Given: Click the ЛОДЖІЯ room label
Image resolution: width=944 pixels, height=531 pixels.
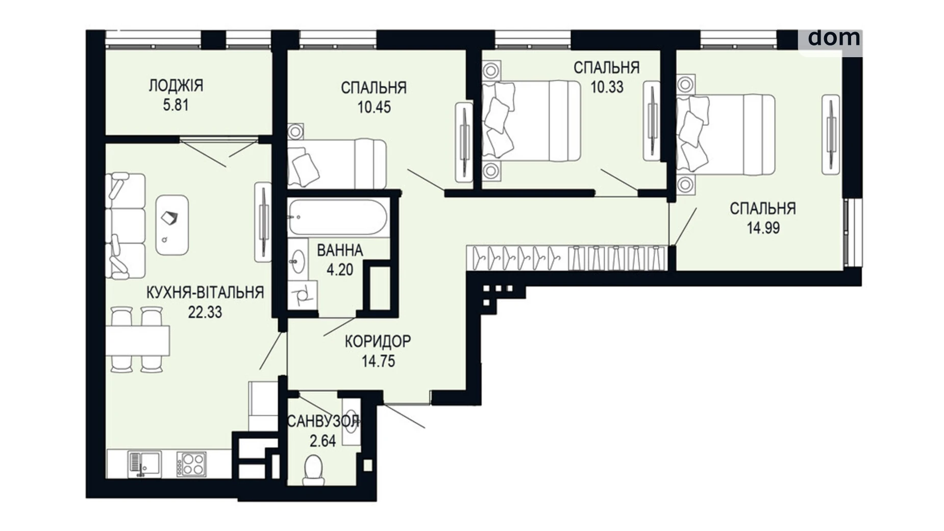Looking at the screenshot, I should pyautogui.click(x=176, y=85).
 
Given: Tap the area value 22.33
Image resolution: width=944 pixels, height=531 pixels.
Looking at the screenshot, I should pyautogui.click(x=205, y=312).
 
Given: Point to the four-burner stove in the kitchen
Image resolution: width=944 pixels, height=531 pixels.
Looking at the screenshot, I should pyautogui.click(x=192, y=464).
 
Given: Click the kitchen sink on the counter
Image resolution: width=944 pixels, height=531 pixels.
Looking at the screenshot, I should pyautogui.click(x=144, y=464).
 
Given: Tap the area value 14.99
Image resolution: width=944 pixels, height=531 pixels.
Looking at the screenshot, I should pyautogui.click(x=763, y=228).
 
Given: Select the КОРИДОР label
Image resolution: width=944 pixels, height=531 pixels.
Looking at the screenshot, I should pyautogui.click(x=378, y=341).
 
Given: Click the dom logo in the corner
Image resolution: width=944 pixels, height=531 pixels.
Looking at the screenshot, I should pyautogui.click(x=833, y=38).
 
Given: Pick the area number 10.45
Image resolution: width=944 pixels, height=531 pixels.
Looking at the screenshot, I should pyautogui.click(x=374, y=107).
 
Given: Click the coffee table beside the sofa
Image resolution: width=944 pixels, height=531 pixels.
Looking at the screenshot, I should pyautogui.click(x=172, y=225).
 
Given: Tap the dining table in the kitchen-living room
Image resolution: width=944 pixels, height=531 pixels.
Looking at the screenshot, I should pyautogui.click(x=138, y=341).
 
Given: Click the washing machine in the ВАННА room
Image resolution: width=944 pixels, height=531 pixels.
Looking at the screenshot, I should pyautogui.click(x=302, y=295).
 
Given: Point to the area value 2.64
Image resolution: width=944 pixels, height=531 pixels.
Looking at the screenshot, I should pyautogui.click(x=322, y=441).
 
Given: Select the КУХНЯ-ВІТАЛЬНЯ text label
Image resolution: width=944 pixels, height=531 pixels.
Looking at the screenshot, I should pyautogui.click(x=205, y=293).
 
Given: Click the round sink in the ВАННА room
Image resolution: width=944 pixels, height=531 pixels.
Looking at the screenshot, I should pyautogui.click(x=296, y=262).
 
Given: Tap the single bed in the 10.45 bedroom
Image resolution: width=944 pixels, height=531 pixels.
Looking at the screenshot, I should pyautogui.click(x=337, y=164).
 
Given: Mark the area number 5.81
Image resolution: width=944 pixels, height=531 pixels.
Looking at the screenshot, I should pyautogui.click(x=176, y=105).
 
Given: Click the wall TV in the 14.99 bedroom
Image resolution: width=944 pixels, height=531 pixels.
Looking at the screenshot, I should pyautogui.click(x=830, y=134).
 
